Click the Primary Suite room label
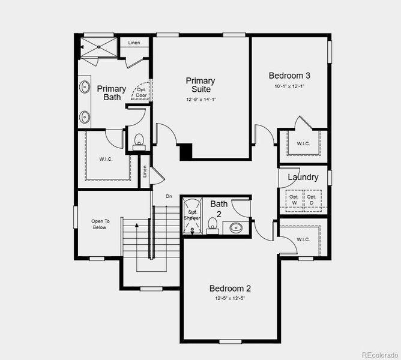[x=200, y=85]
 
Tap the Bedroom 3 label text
[x=289, y=76]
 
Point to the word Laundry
[x=303, y=177]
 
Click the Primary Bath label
[x=112, y=92]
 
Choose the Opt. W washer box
[x=294, y=200]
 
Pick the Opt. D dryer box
[x=312, y=200]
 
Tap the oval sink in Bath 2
[x=236, y=228]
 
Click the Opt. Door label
[x=142, y=92]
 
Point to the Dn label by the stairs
[x=169, y=196]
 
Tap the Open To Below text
[x=100, y=224]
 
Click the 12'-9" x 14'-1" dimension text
[x=200, y=100]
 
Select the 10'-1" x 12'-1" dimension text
[x=289, y=86]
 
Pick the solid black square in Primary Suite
[x=186, y=151]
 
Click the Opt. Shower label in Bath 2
[x=193, y=215]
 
